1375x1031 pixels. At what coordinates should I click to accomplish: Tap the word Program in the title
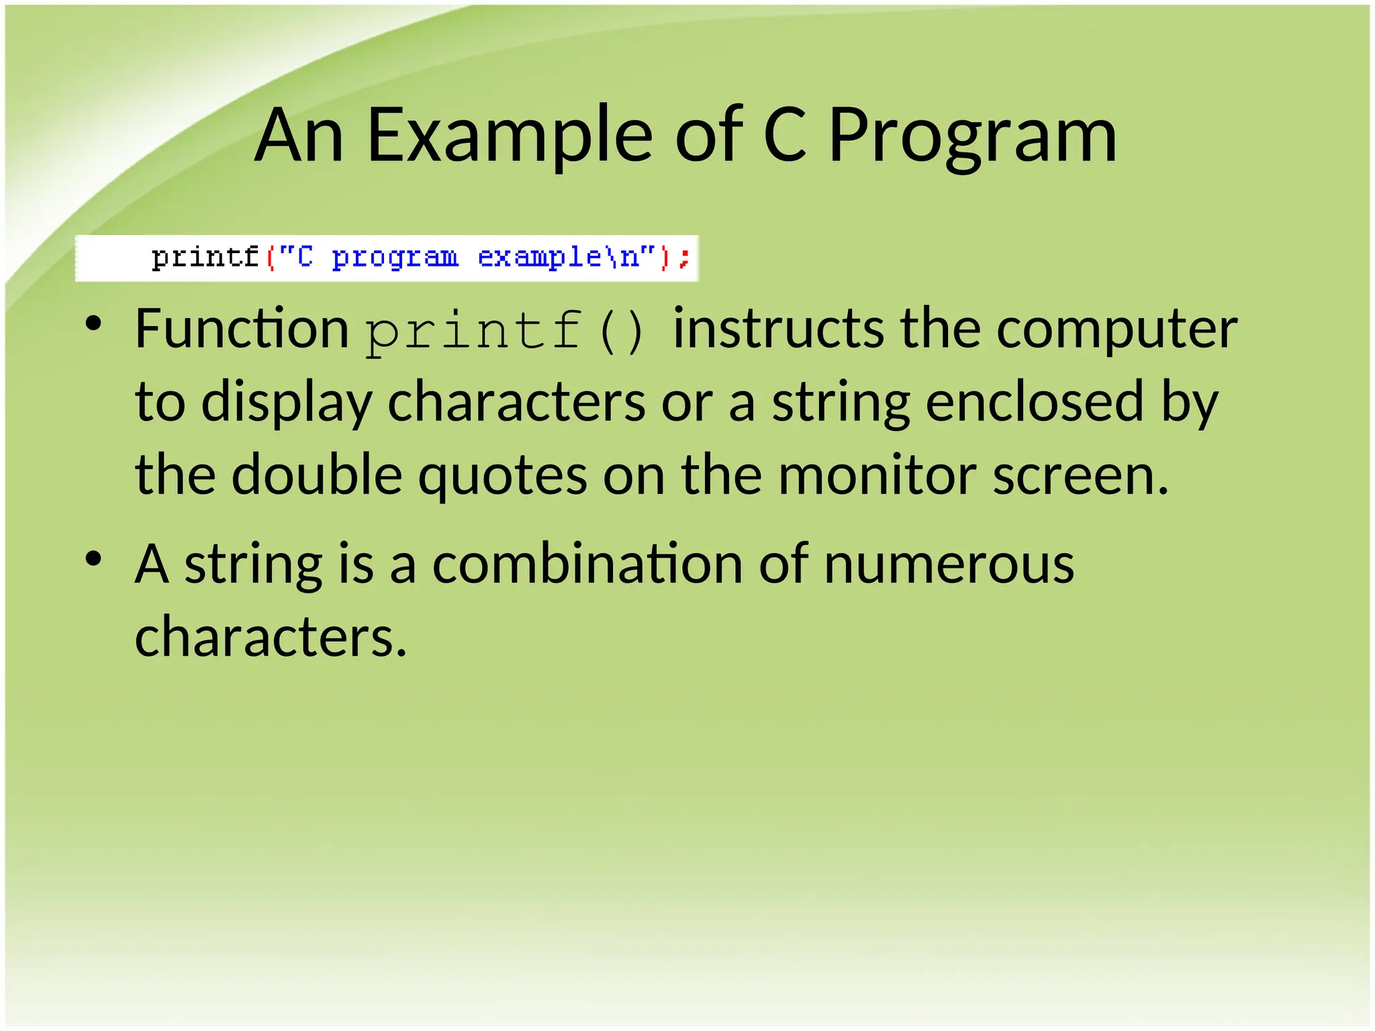pyautogui.click(x=972, y=136)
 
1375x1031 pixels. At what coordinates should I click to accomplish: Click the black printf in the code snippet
pyautogui.click(x=205, y=258)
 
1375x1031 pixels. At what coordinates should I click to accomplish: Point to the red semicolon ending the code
pyautogui.click(x=684, y=258)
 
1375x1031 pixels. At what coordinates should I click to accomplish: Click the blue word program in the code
pyautogui.click(x=395, y=258)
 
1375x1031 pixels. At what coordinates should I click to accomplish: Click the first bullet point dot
pyautogui.click(x=93, y=324)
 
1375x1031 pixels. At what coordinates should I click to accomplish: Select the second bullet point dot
pyautogui.click(x=93, y=558)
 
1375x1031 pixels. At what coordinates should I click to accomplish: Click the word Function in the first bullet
pyautogui.click(x=242, y=329)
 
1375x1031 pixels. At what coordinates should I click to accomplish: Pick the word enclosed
pyautogui.click(x=1035, y=401)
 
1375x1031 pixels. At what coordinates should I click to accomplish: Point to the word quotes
pyautogui.click(x=503, y=476)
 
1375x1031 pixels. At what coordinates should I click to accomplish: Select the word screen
pyautogui.click(x=1080, y=476)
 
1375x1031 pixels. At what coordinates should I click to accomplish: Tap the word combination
pyautogui.click(x=587, y=564)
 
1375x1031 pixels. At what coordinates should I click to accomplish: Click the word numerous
pyautogui.click(x=949, y=564)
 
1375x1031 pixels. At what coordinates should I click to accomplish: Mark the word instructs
pyautogui.click(x=779, y=329)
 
